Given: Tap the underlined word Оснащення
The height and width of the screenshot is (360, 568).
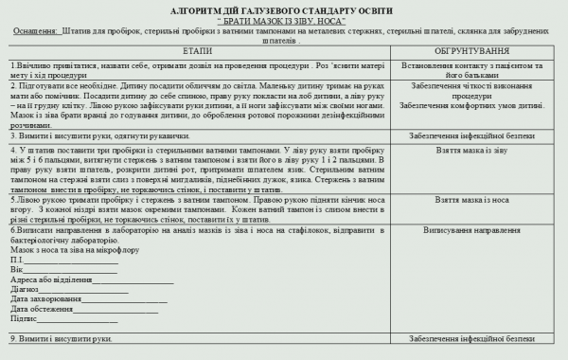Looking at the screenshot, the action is coord(35,30).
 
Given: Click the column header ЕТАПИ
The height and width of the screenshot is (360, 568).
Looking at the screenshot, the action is coord(197,48).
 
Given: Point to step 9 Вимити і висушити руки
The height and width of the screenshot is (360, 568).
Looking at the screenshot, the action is coord(62,338).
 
